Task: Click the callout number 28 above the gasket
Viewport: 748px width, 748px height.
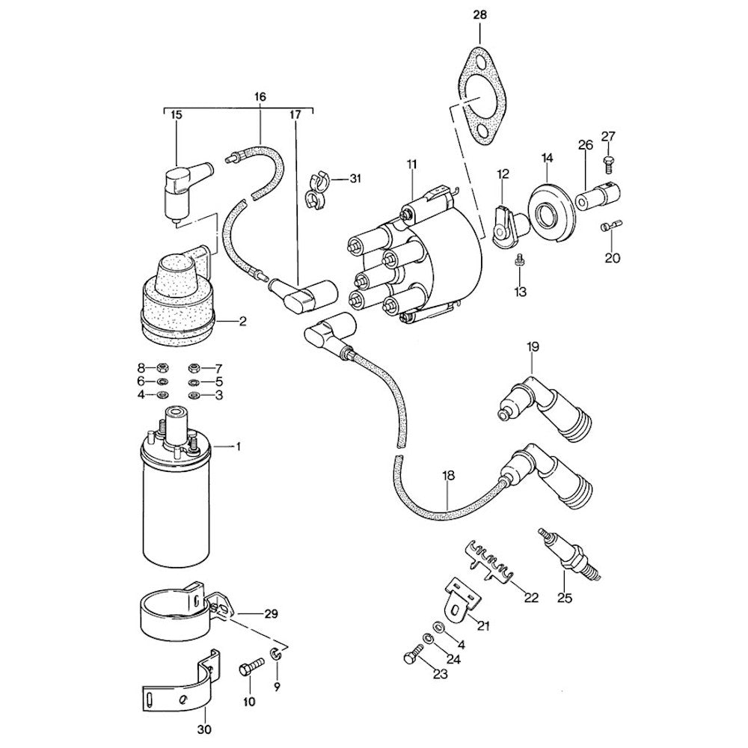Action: (479, 14)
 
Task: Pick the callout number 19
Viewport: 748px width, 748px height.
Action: (532, 346)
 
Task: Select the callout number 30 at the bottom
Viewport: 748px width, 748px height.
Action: (204, 729)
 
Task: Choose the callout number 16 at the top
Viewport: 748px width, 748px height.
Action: (260, 96)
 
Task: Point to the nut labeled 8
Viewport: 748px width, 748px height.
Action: (160, 367)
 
